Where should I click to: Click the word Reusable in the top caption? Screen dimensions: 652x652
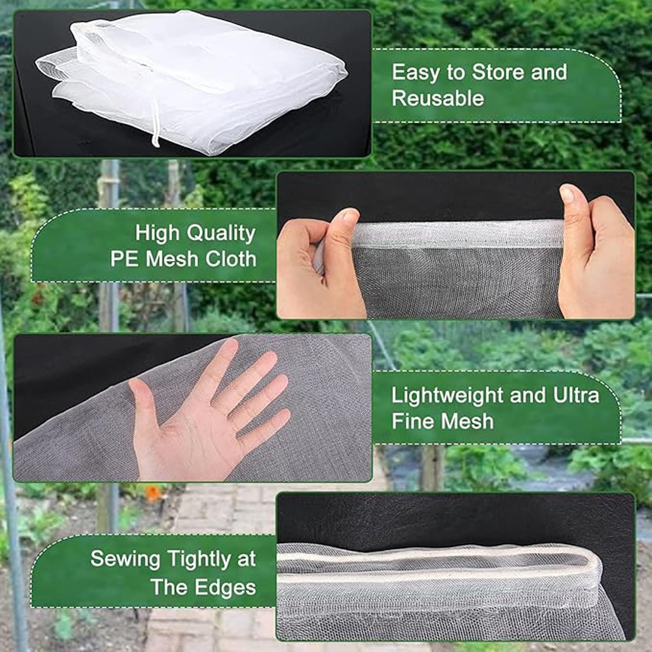[x=438, y=98]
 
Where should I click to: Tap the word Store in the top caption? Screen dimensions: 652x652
[x=498, y=72]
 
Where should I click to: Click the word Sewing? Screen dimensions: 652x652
[x=126, y=559]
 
